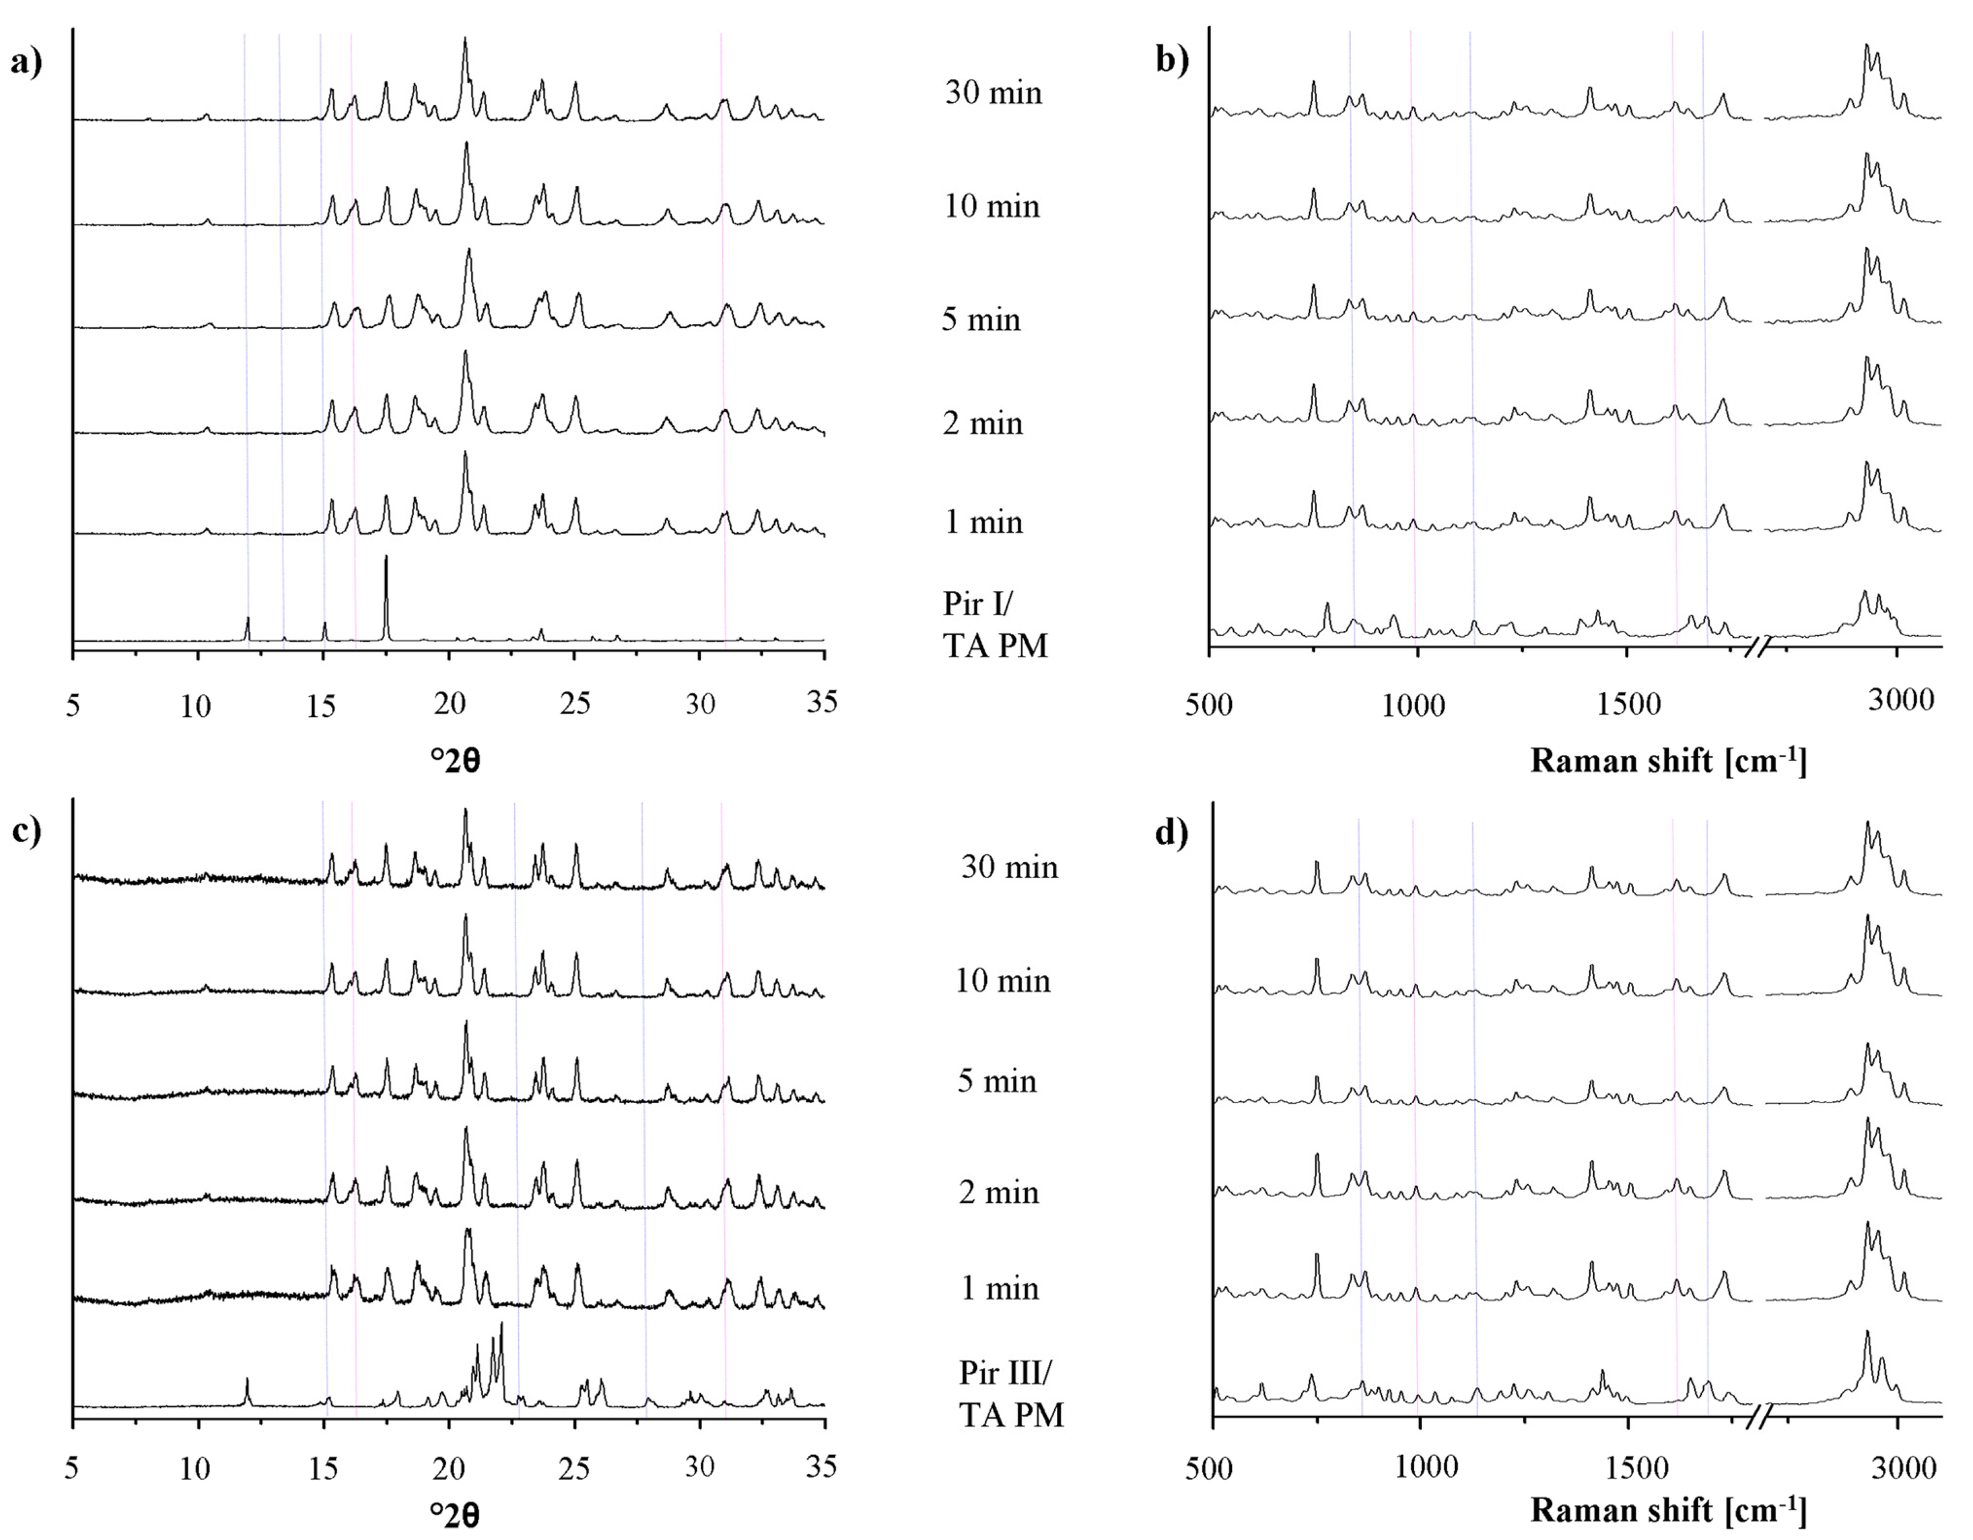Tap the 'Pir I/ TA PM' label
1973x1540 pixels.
[x=995, y=624]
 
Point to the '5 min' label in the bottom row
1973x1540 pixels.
[x=997, y=1080]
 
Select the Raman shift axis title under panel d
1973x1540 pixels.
[x=1668, y=1510]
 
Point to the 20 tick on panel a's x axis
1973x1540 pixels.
[x=449, y=704]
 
